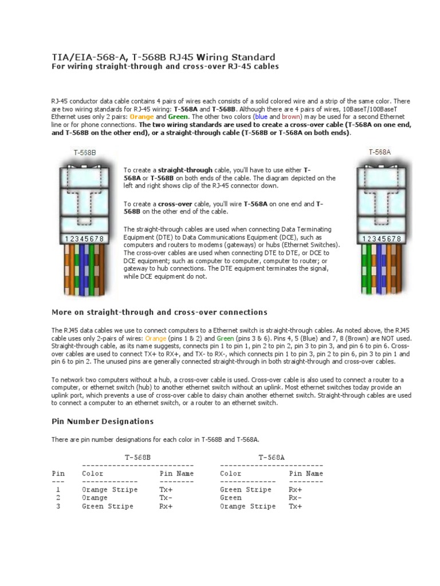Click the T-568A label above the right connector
[379, 152]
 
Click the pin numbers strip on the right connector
[379, 239]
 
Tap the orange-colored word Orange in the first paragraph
[142, 116]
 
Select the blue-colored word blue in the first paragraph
[261, 116]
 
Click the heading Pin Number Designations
[103, 421]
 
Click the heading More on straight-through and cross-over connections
[159, 312]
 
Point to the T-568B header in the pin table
[138, 457]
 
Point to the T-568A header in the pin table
[272, 457]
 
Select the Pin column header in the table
[58, 473]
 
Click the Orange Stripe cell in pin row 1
[109, 490]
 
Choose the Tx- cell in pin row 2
[166, 498]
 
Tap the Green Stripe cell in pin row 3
[107, 506]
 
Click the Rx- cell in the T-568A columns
[295, 498]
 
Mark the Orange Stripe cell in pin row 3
[247, 506]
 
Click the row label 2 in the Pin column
[58, 498]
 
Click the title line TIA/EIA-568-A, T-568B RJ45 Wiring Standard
[163, 57]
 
